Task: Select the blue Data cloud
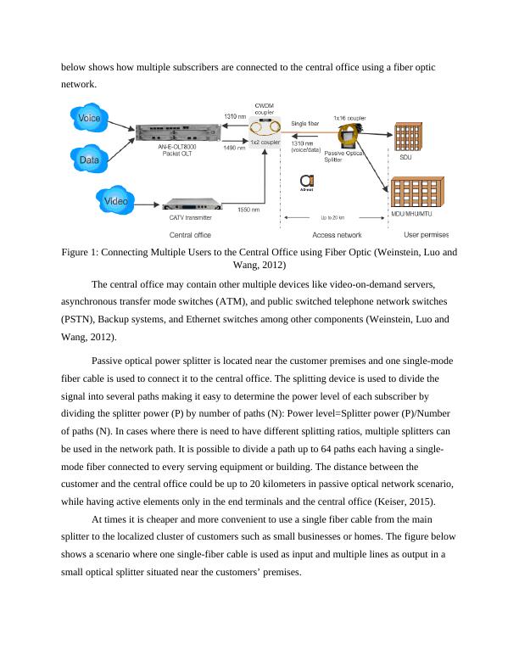tap(87, 159)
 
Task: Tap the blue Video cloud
tap(116, 201)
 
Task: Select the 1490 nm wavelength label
tap(235, 148)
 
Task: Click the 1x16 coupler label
tap(348, 117)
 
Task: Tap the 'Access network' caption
tap(338, 235)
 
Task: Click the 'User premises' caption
tap(426, 235)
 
